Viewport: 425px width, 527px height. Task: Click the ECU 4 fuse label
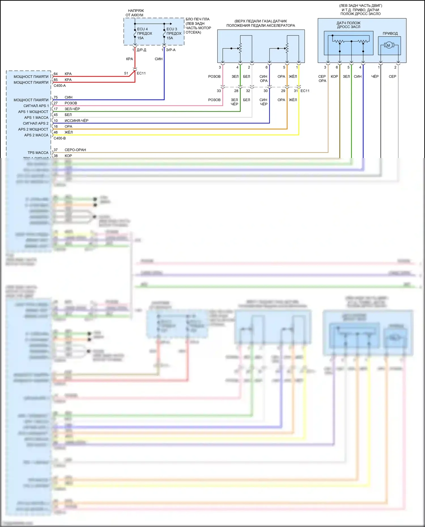point(143,29)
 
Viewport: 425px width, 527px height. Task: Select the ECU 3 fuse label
point(172,29)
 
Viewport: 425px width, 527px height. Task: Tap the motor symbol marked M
point(388,45)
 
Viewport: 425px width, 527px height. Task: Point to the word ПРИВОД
point(390,33)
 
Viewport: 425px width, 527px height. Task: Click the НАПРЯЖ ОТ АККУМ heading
point(135,13)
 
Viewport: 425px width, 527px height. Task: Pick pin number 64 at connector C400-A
point(56,74)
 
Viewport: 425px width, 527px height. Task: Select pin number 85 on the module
point(56,80)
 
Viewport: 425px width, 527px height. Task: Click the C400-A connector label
point(59,86)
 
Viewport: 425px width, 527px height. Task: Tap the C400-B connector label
point(59,138)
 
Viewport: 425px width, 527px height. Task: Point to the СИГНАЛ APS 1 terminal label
point(36,106)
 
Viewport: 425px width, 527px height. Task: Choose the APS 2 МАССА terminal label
point(36,135)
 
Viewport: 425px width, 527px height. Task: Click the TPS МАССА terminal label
point(38,153)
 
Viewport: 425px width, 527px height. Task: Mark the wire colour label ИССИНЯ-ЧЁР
point(76,121)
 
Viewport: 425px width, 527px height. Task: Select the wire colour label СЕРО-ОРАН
point(75,150)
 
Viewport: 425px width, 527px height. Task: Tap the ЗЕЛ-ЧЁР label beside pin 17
point(72,109)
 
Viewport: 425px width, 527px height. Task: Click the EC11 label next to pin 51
point(141,73)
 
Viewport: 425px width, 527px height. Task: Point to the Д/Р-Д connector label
point(141,50)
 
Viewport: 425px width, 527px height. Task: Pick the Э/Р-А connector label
point(171,50)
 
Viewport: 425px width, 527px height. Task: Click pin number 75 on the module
point(56,97)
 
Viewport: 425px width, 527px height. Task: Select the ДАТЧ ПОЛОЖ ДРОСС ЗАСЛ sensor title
point(348,25)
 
